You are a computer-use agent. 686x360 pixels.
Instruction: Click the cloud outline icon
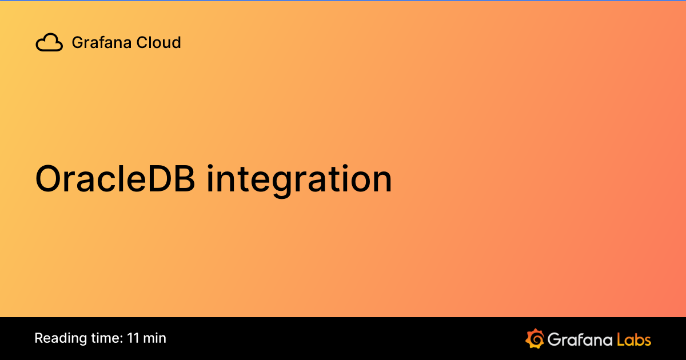point(49,42)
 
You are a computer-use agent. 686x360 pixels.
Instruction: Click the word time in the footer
point(105,338)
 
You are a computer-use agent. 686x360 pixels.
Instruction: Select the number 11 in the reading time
point(133,338)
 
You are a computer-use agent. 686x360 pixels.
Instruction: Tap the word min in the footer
point(155,338)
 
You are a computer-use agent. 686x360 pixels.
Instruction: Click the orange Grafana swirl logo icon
point(535,339)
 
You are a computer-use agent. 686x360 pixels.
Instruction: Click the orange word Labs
point(634,339)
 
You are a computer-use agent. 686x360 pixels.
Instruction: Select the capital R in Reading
point(39,338)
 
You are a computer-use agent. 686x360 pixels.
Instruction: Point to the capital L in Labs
point(621,339)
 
